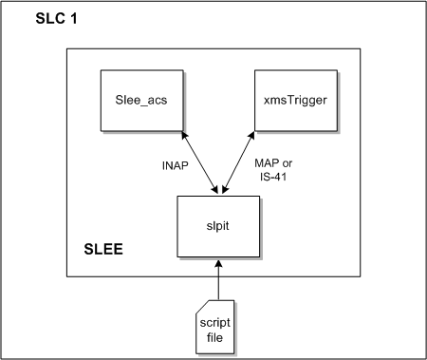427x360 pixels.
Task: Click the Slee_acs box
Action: pos(139,99)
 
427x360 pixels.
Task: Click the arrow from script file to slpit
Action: pos(217,275)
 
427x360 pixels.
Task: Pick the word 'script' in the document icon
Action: pos(214,320)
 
